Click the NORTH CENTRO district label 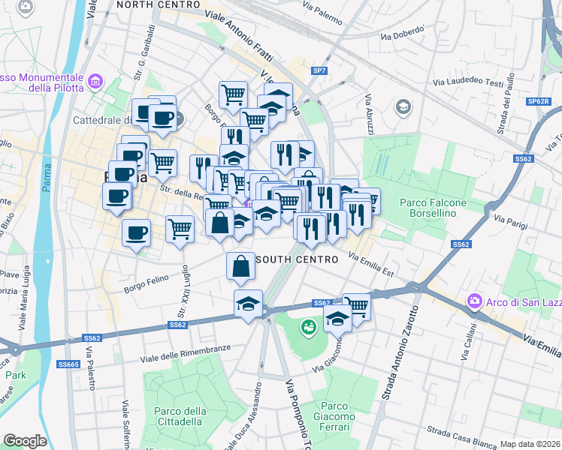click(159, 4)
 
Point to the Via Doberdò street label click(403, 33)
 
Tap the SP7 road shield click(319, 70)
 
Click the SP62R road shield click(536, 100)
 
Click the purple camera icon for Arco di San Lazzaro click(474, 301)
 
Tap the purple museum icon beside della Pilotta click(95, 81)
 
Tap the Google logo click(25, 441)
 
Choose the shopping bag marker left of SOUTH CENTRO click(239, 265)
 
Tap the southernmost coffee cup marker click(136, 232)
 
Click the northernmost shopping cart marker click(234, 94)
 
